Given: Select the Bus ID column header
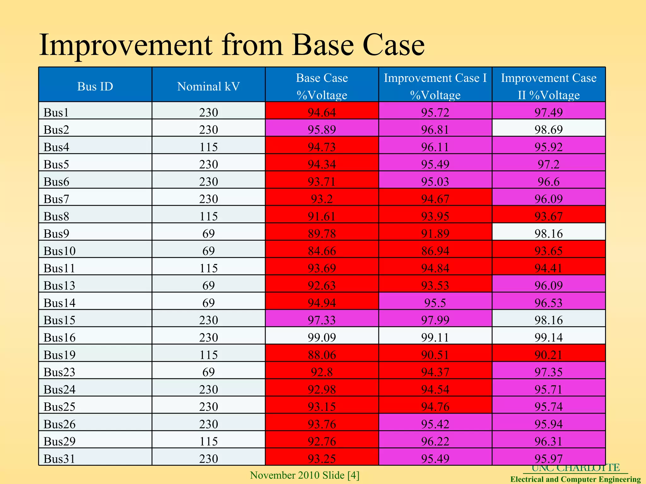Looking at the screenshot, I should point(95,86).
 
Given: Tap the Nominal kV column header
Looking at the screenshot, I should point(208,86).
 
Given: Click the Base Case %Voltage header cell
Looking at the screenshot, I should point(322,86).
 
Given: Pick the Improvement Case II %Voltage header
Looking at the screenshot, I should point(549,86).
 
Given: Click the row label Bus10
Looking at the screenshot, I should point(60,251).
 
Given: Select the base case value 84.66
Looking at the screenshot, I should point(322,251).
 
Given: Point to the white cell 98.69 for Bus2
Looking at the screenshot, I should point(549,130).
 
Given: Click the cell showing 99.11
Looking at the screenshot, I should point(435,337).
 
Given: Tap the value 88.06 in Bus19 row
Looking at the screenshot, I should point(322,355).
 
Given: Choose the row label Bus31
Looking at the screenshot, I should point(60,458).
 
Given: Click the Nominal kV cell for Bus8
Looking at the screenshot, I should point(208,216).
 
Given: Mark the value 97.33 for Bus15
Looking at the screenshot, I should point(322,320).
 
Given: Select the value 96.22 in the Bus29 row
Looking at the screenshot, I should point(435,441).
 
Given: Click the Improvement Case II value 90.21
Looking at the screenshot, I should point(549,355).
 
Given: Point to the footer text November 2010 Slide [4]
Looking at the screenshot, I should point(305,475).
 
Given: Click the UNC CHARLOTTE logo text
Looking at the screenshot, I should point(575,468).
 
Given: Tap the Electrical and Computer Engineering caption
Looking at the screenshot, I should point(575,479).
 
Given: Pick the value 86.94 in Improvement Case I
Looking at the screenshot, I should point(435,251).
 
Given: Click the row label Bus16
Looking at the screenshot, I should point(60,337).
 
